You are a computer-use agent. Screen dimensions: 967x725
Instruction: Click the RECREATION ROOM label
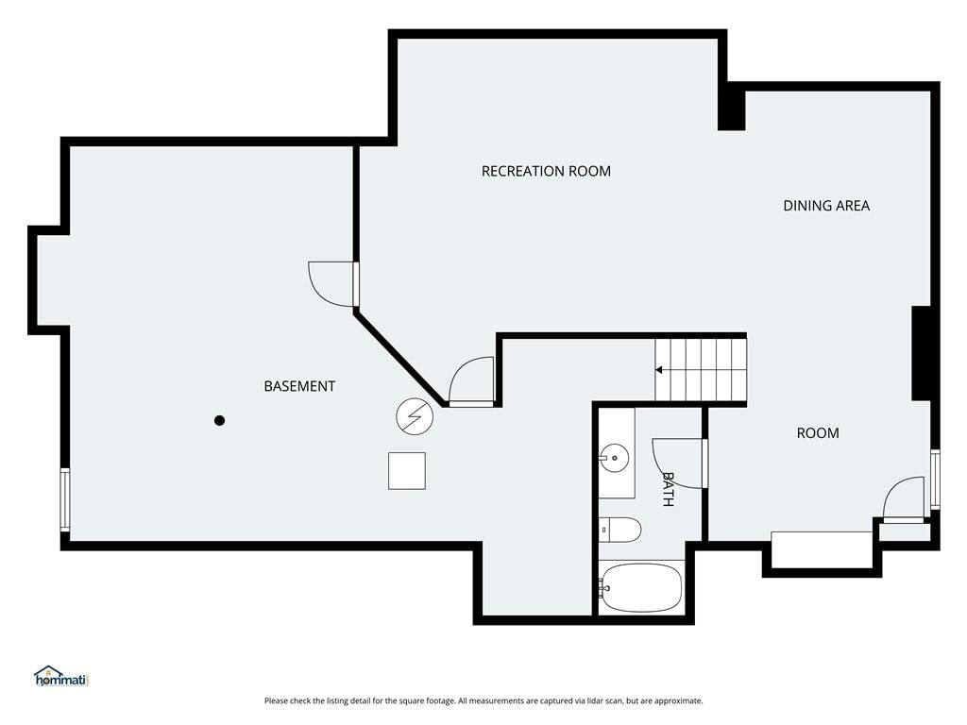pyautogui.click(x=546, y=171)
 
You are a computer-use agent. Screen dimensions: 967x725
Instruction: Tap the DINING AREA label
pyautogui.click(x=826, y=206)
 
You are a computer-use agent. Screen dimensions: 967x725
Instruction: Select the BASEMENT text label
pyautogui.click(x=299, y=386)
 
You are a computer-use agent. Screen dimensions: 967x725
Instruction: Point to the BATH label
pyautogui.click(x=668, y=489)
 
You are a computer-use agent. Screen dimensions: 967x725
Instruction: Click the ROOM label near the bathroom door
pyautogui.click(x=818, y=433)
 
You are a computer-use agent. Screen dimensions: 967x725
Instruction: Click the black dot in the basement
pyautogui.click(x=219, y=420)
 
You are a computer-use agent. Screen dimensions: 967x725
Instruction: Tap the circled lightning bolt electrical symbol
pyautogui.click(x=415, y=416)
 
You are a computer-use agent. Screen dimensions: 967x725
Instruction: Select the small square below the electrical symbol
pyautogui.click(x=407, y=471)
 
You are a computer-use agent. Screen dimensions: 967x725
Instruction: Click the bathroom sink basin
pyautogui.click(x=614, y=458)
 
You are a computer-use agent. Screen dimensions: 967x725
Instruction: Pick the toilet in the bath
pyautogui.click(x=620, y=531)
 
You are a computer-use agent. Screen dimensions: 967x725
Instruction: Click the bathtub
pyautogui.click(x=641, y=587)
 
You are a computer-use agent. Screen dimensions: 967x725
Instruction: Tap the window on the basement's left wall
pyautogui.click(x=65, y=499)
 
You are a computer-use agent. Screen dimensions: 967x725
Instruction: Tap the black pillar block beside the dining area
pyautogui.click(x=922, y=353)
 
